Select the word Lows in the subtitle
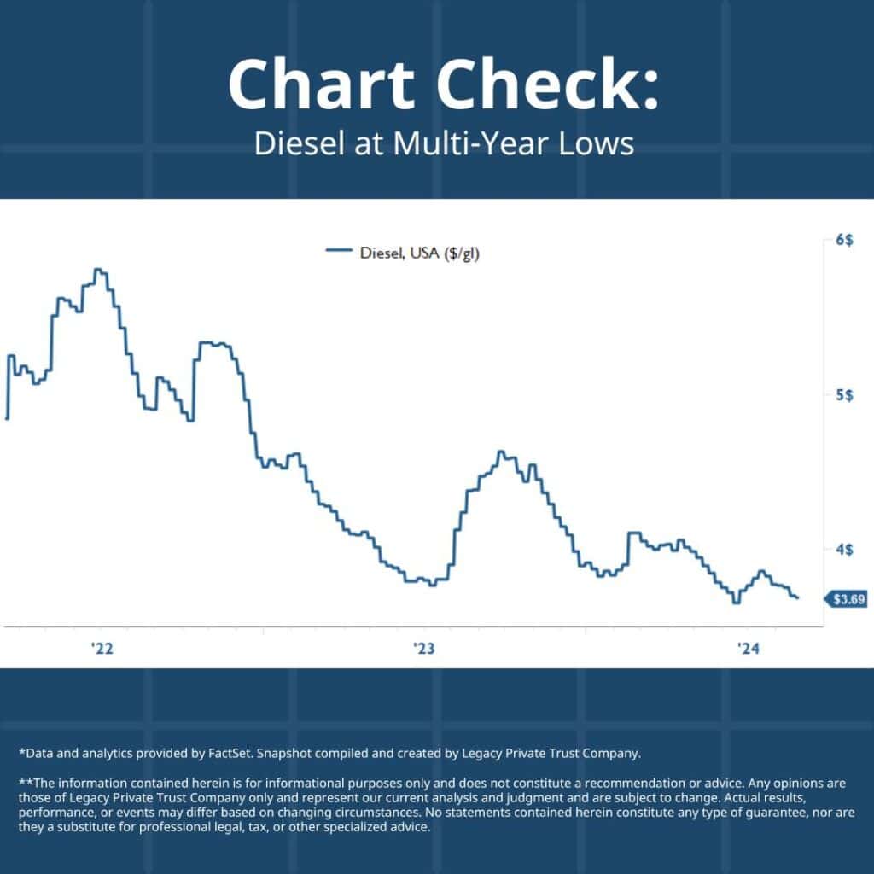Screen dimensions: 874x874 coord(597,143)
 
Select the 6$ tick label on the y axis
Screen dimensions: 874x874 coord(843,241)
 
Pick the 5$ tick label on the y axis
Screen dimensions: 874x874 coord(843,395)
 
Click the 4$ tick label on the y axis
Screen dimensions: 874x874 coord(843,550)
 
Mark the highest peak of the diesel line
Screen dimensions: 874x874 coord(99,270)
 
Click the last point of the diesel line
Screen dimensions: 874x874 coord(797,597)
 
